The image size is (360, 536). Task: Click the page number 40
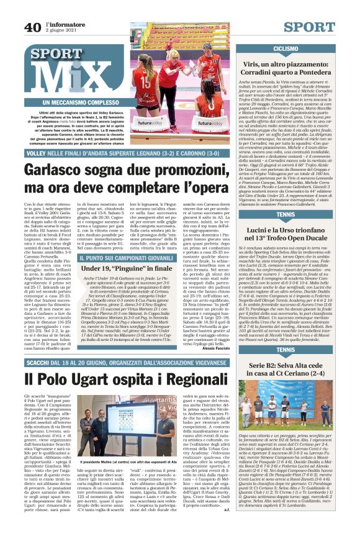pos(32,27)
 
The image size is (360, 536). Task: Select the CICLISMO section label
pos(285,48)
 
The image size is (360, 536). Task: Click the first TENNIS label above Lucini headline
pos(285,214)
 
